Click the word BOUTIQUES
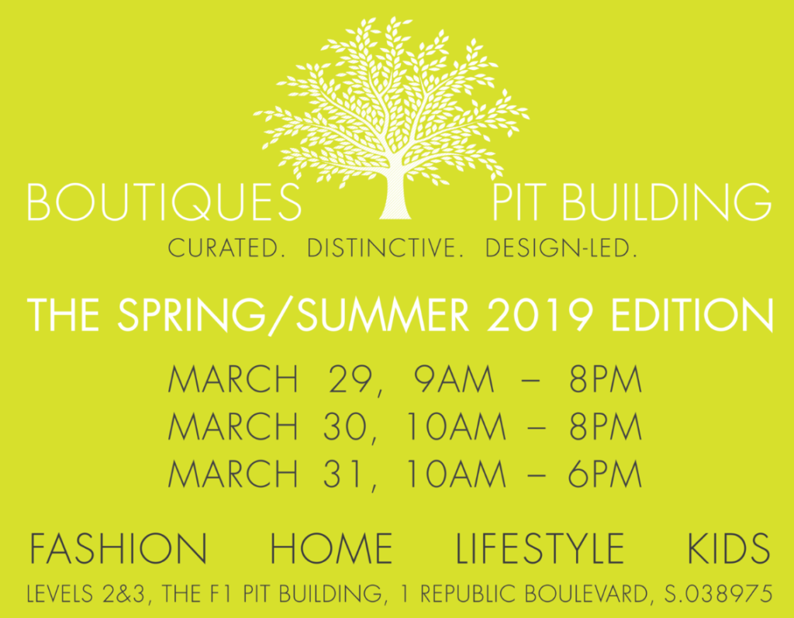point(164,202)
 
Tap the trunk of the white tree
point(396,195)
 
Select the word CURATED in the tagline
point(223,248)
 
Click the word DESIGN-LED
point(558,248)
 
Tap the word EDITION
point(692,315)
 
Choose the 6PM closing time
point(605,474)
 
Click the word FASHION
point(118,548)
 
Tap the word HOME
point(331,548)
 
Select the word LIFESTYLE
point(540,548)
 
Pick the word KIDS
point(729,548)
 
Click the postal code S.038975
point(718,594)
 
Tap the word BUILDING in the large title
point(666,202)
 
